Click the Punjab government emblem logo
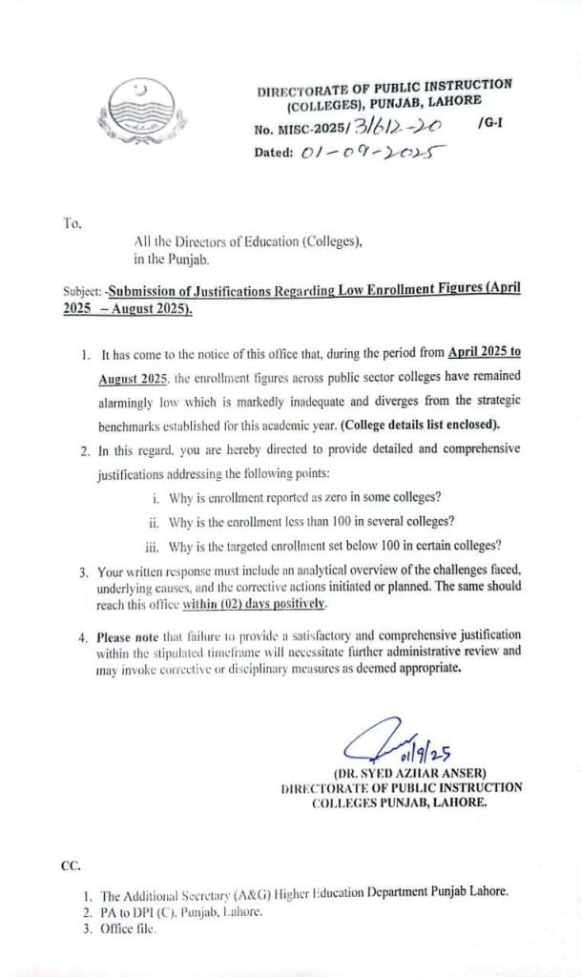(x=144, y=109)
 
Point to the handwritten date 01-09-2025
(x=362, y=153)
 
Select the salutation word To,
(x=73, y=224)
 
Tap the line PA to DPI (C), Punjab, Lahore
(x=181, y=911)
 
